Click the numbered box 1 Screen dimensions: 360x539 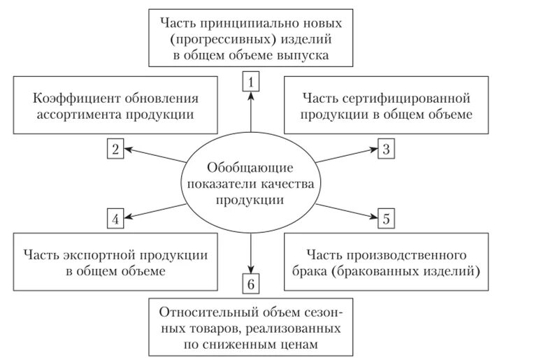click(251, 82)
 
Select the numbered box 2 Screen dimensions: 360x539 click(116, 149)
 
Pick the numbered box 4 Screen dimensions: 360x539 click(116, 219)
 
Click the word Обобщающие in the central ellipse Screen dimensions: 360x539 click(250, 168)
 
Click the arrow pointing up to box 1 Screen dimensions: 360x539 click(251, 112)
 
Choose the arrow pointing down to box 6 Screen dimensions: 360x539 click(251, 252)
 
